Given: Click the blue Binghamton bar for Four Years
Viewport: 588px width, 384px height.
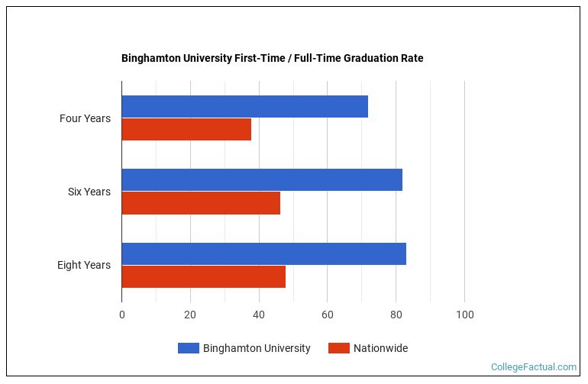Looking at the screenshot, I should (x=244, y=107).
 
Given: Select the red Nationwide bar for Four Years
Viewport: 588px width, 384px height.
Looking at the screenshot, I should (x=186, y=130).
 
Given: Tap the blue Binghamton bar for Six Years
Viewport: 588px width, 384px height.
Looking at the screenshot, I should (x=262, y=180).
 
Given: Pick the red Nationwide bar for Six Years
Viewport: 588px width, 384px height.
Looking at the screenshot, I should (x=201, y=203).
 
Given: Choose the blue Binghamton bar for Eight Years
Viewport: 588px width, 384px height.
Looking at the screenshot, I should (x=263, y=253).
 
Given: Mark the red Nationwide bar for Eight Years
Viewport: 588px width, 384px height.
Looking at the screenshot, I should (x=203, y=276).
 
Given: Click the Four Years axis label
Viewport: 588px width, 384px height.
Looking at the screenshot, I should (x=85, y=118).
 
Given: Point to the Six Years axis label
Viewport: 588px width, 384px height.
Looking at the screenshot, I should (x=89, y=192).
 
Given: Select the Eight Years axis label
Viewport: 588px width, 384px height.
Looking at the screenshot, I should (x=83, y=265).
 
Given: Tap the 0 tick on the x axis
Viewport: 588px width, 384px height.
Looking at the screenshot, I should (x=121, y=315).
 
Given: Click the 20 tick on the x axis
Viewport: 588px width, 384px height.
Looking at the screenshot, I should (x=190, y=315).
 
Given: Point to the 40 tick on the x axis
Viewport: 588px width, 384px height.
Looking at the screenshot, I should (x=259, y=315).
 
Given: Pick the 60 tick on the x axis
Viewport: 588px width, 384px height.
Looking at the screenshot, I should (x=327, y=315).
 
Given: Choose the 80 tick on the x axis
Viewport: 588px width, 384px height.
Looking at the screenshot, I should (x=396, y=315).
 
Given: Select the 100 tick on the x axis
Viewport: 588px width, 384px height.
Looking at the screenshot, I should (x=464, y=315).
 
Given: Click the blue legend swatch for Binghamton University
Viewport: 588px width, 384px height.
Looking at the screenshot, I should (x=188, y=348).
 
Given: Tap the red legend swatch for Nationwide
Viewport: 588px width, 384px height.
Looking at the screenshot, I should (x=338, y=348).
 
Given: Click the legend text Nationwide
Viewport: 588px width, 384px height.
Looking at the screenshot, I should (x=380, y=348).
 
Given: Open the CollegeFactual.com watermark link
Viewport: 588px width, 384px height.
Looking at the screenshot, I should (x=533, y=367).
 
